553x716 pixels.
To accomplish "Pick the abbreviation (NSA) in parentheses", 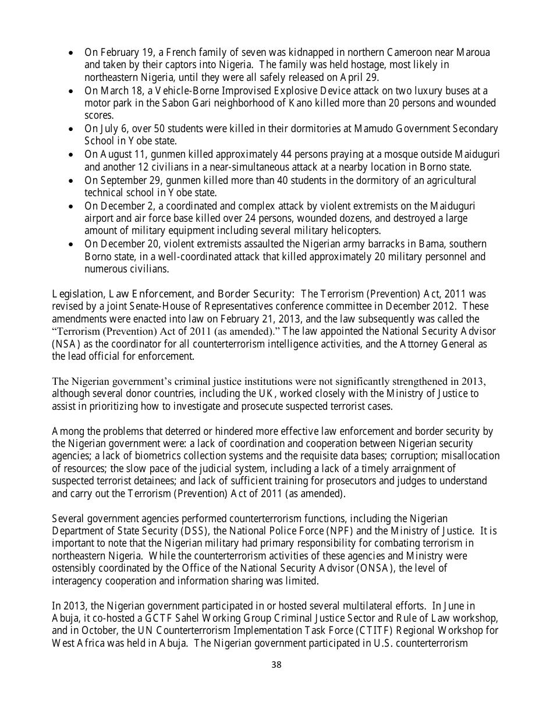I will pos(66,345).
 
